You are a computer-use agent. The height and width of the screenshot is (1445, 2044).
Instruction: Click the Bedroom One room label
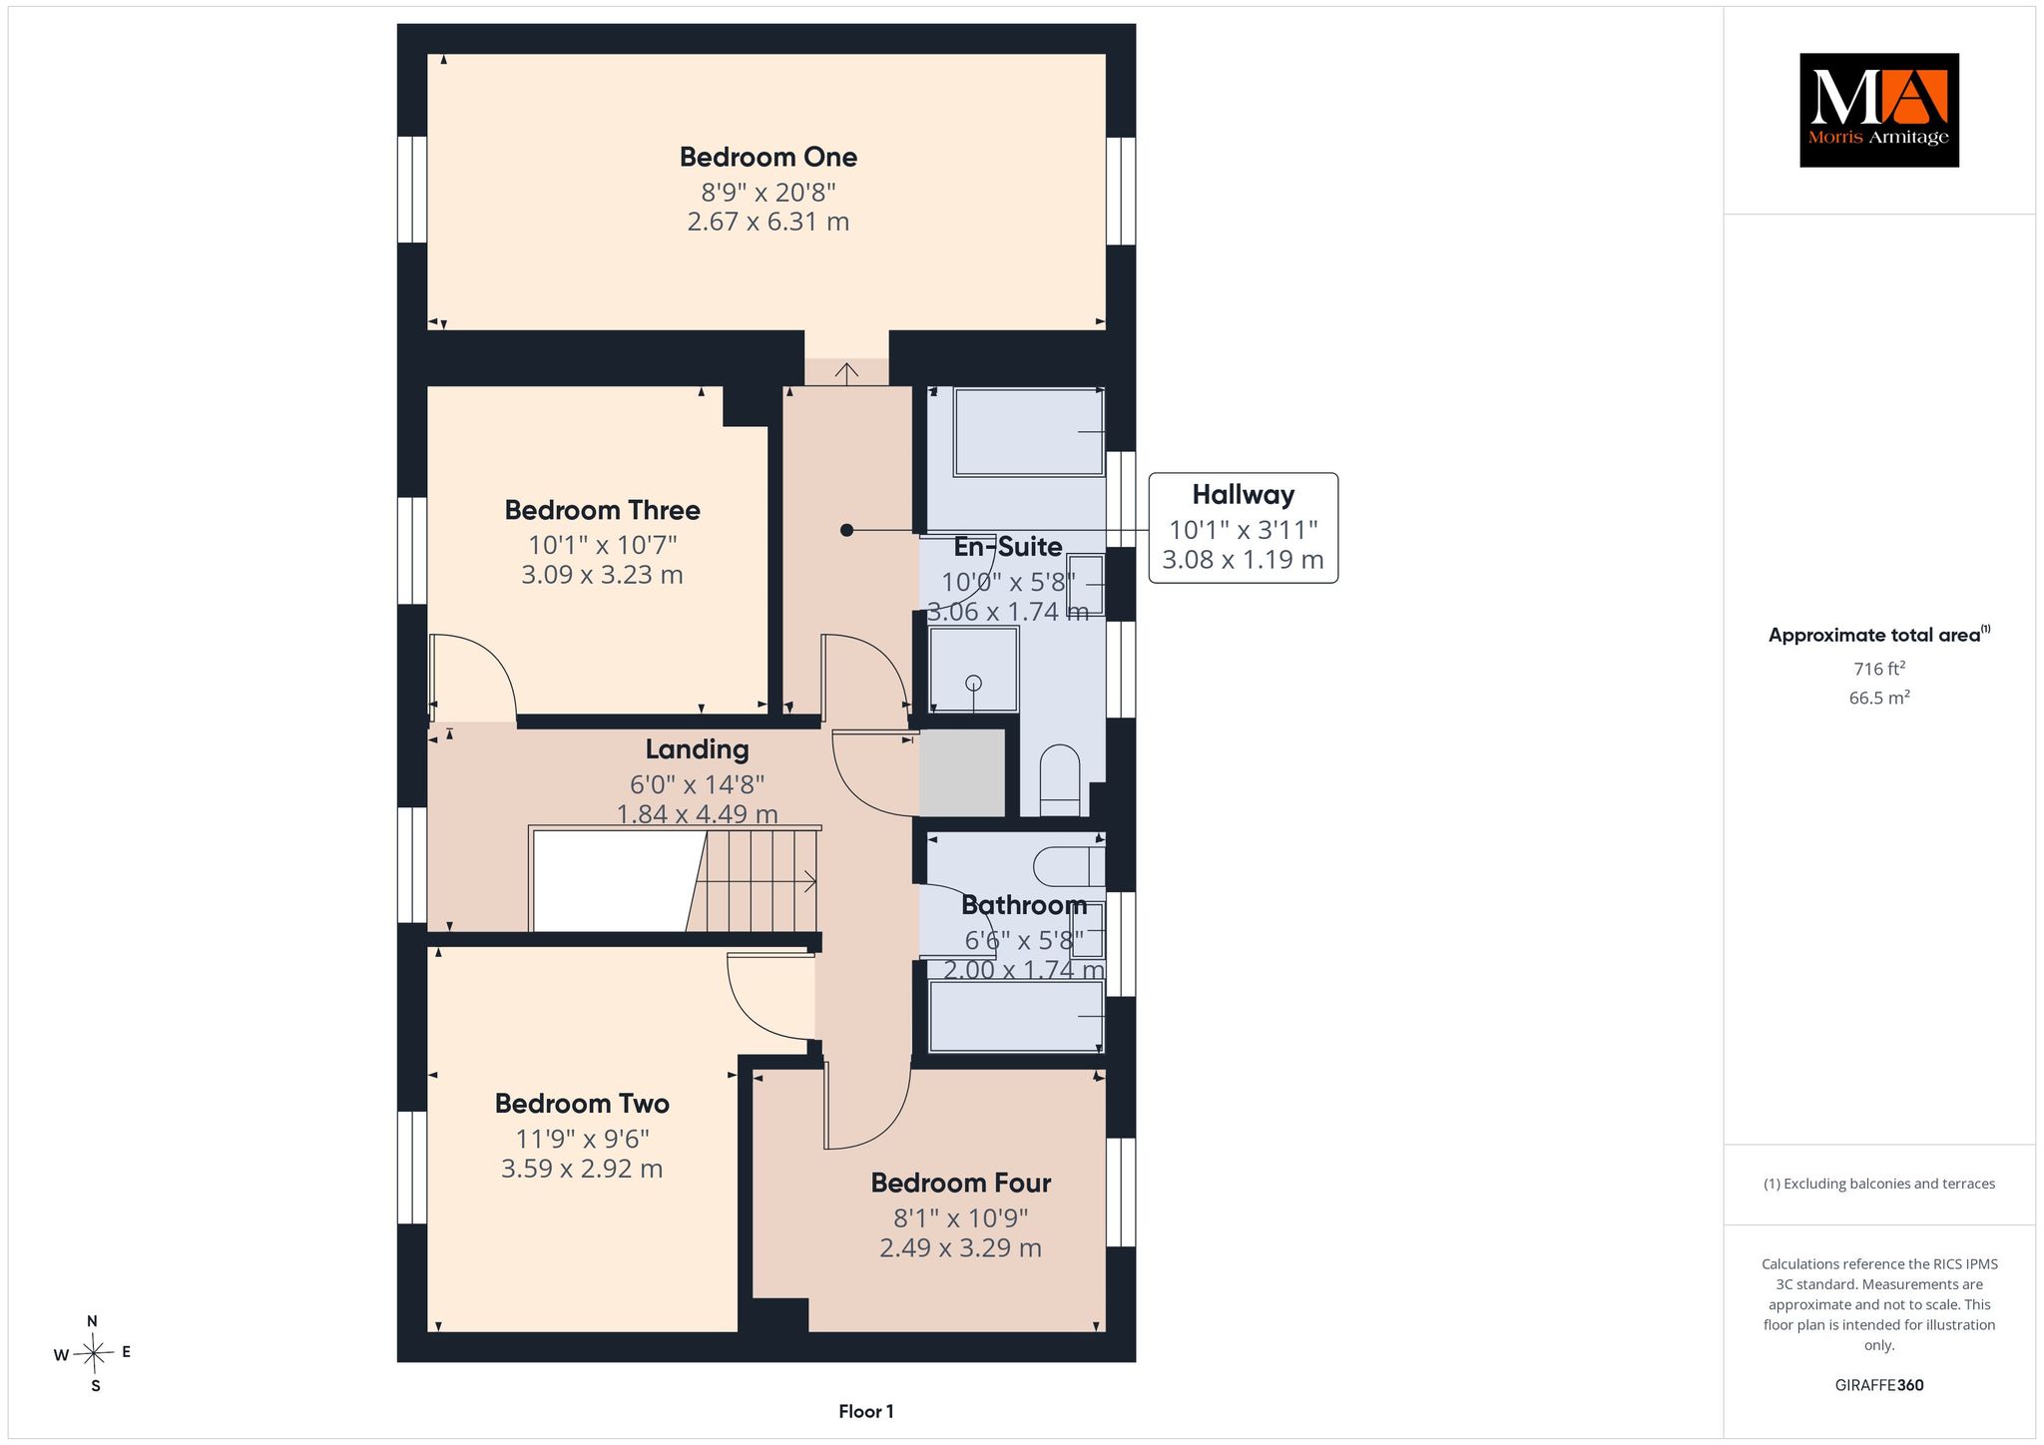[x=767, y=157]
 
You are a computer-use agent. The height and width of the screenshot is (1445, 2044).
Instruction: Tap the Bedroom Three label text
[x=602, y=510]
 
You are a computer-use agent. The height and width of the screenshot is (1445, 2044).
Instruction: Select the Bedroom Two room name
[x=582, y=1103]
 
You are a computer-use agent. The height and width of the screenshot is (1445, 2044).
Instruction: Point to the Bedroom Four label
[x=960, y=1183]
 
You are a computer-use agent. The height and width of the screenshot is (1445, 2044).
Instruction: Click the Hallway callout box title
[x=1243, y=495]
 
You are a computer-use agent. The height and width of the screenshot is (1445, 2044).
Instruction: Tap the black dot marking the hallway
[x=846, y=531]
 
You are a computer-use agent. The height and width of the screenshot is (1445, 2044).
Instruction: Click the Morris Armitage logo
[x=1878, y=110]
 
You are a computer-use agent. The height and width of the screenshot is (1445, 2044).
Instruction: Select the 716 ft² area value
[x=1878, y=669]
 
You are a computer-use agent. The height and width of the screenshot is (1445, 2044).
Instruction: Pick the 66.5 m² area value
[x=1878, y=698]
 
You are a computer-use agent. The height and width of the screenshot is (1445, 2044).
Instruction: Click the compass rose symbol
[x=94, y=1353]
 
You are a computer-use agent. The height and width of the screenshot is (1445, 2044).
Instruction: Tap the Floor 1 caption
[x=866, y=1411]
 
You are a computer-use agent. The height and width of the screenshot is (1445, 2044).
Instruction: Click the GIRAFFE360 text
[x=1878, y=1385]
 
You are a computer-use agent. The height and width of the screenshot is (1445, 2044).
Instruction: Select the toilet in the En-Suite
[x=1060, y=781]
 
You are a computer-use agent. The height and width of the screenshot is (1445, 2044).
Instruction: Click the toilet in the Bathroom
[x=1069, y=866]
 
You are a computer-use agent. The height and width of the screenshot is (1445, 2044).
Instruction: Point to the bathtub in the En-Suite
[x=1028, y=432]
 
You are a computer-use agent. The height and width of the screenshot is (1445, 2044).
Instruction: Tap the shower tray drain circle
[x=973, y=683]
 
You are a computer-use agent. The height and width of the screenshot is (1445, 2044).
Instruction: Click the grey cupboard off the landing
[x=961, y=772]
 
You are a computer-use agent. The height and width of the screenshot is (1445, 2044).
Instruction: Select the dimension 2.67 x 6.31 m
[x=767, y=222]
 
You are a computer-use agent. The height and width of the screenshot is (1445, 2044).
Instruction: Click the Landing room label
[x=697, y=748]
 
